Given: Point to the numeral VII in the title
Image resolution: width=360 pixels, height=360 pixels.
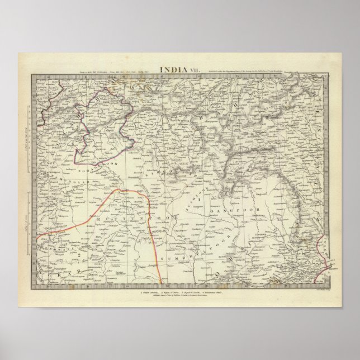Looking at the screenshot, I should pyautogui.click(x=192, y=70).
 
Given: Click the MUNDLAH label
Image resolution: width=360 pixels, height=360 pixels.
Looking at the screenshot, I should pyautogui.click(x=53, y=182).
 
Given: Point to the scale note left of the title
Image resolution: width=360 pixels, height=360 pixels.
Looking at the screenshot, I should pyautogui.click(x=95, y=72).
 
